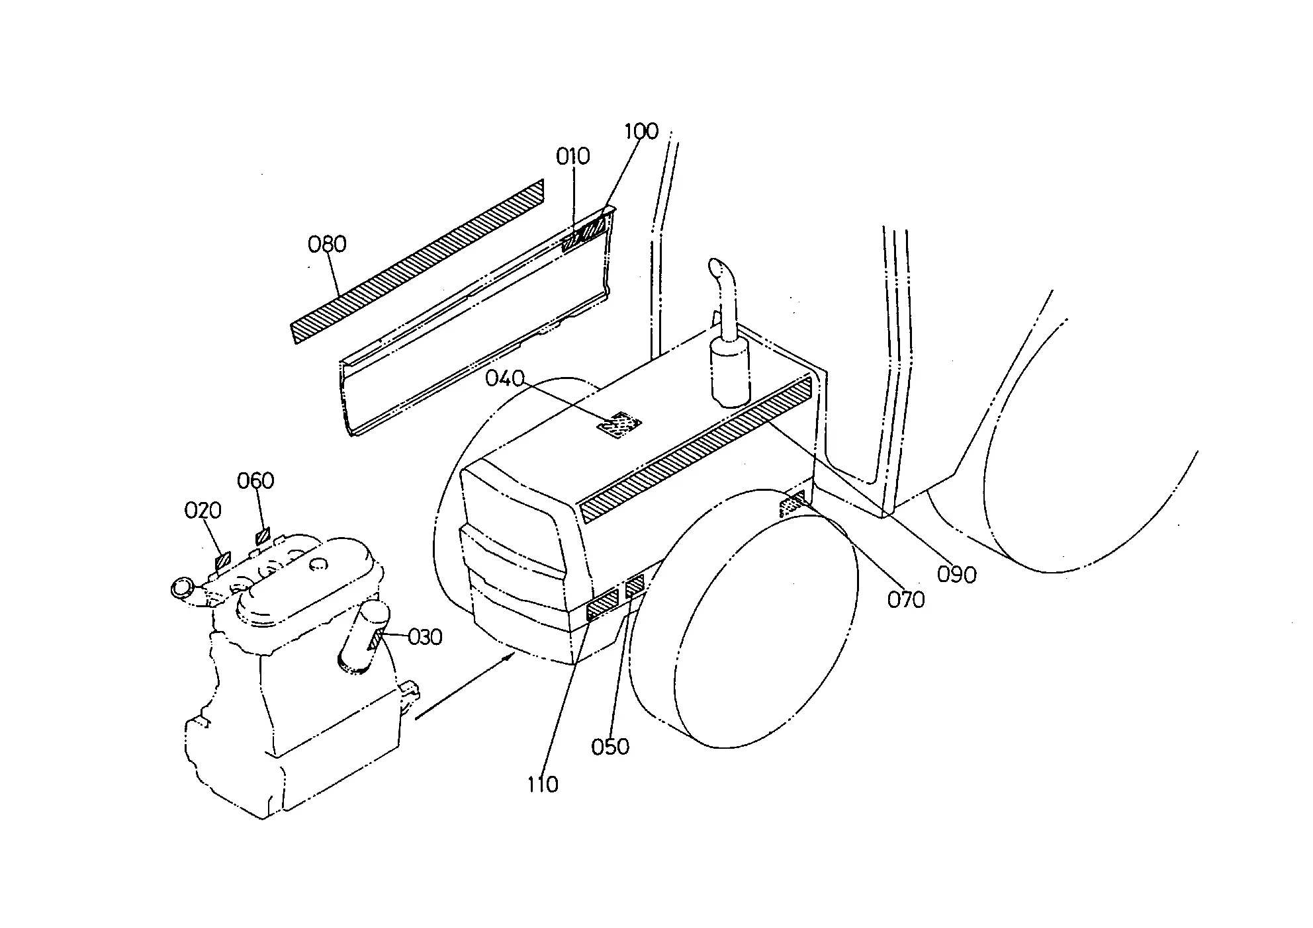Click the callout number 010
pos(572,157)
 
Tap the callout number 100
pos(642,131)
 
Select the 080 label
pos(327,245)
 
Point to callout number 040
pos(504,378)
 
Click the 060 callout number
pos(255,480)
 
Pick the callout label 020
pos(203,511)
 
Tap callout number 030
pos(425,637)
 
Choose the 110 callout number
pos(543,784)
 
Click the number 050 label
pos(610,747)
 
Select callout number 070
pos(906,600)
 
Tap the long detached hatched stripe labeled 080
pos(418,261)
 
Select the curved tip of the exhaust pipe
pos(718,269)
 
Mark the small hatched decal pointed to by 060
pos(263,535)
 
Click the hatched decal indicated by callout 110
pos(602,606)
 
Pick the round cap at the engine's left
pos(182,587)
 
